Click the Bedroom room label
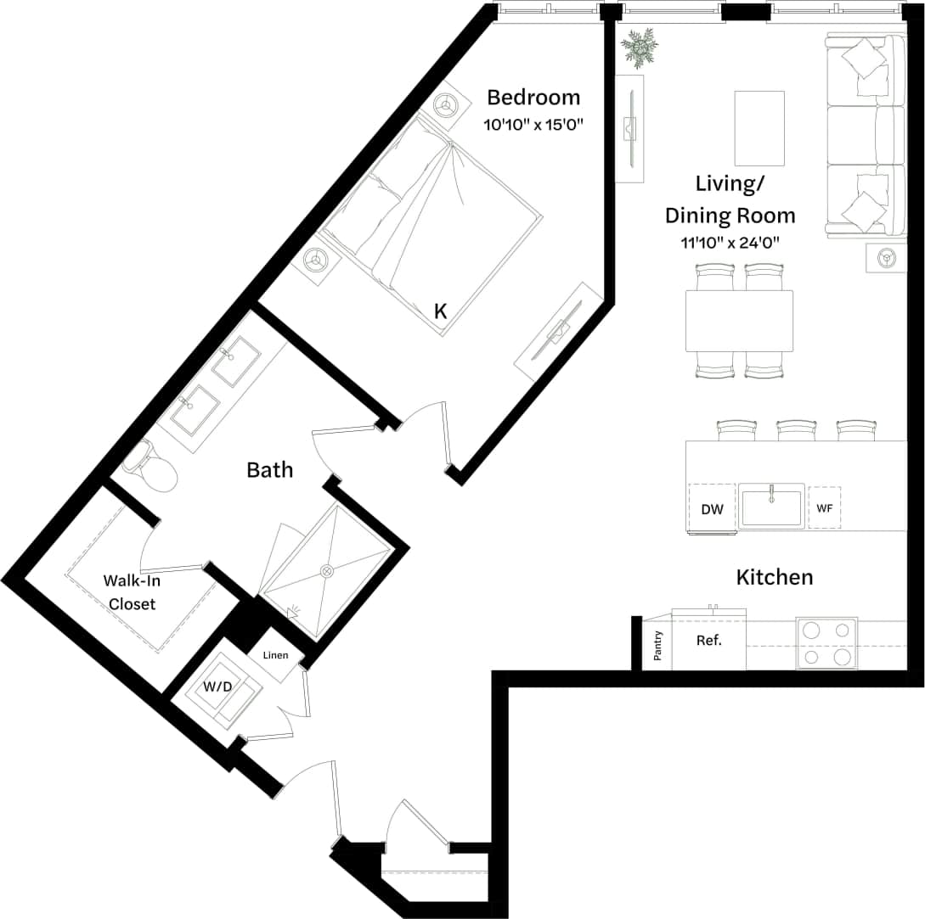[533, 97]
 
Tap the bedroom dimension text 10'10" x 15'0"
[533, 125]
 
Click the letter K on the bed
[440, 311]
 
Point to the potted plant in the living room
[639, 46]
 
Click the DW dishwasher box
[712, 509]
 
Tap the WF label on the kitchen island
[824, 508]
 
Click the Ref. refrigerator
[708, 641]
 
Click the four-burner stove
[826, 643]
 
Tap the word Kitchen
[774, 578]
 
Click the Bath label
[270, 469]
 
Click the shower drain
[326, 570]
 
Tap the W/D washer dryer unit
[217, 686]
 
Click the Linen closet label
[275, 655]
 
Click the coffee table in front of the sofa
[759, 128]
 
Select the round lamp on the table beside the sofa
[886, 257]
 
